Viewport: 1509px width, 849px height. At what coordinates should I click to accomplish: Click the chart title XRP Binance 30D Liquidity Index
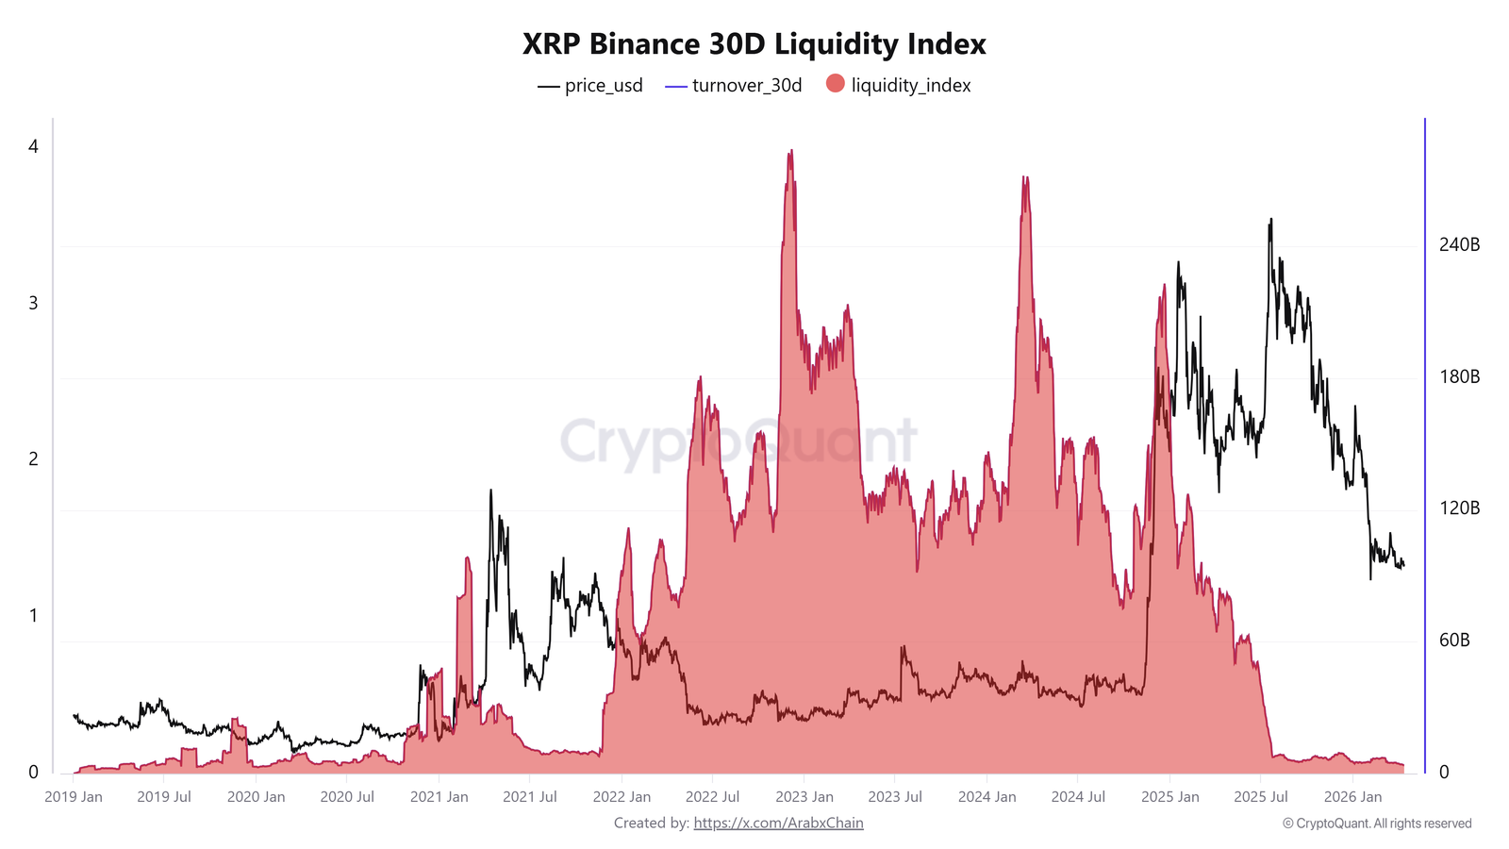pyautogui.click(x=754, y=44)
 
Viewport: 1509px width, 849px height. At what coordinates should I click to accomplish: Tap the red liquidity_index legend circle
pyautogui.click(x=835, y=84)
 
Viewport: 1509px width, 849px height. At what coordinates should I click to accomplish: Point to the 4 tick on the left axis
pyautogui.click(x=34, y=146)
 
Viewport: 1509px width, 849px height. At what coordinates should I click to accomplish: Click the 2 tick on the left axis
pyautogui.click(x=34, y=459)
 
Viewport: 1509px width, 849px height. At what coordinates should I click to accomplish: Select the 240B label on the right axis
pyautogui.click(x=1458, y=245)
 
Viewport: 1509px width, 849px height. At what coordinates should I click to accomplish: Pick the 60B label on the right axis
pyautogui.click(x=1453, y=641)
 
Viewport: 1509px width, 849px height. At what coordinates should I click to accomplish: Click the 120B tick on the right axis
pyautogui.click(x=1458, y=508)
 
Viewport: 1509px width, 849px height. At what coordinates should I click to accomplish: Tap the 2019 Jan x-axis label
pyautogui.click(x=74, y=797)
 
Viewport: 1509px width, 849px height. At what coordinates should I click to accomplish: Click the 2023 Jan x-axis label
pyautogui.click(x=804, y=797)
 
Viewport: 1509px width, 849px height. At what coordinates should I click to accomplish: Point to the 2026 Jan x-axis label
pyautogui.click(x=1352, y=797)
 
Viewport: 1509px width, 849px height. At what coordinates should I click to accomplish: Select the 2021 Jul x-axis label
pyautogui.click(x=529, y=797)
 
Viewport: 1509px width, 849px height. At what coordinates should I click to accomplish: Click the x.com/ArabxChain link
pyautogui.click(x=778, y=824)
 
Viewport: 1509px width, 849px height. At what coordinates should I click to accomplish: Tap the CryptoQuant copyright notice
pyautogui.click(x=1376, y=824)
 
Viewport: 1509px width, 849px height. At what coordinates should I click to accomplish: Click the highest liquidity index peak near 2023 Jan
pyautogui.click(x=790, y=151)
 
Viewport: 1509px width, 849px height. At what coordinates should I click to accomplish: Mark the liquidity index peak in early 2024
pyautogui.click(x=1024, y=178)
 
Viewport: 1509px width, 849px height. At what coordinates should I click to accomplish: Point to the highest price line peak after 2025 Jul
pyautogui.click(x=1270, y=220)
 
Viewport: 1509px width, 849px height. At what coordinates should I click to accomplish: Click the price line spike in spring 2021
pyautogui.click(x=490, y=491)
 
